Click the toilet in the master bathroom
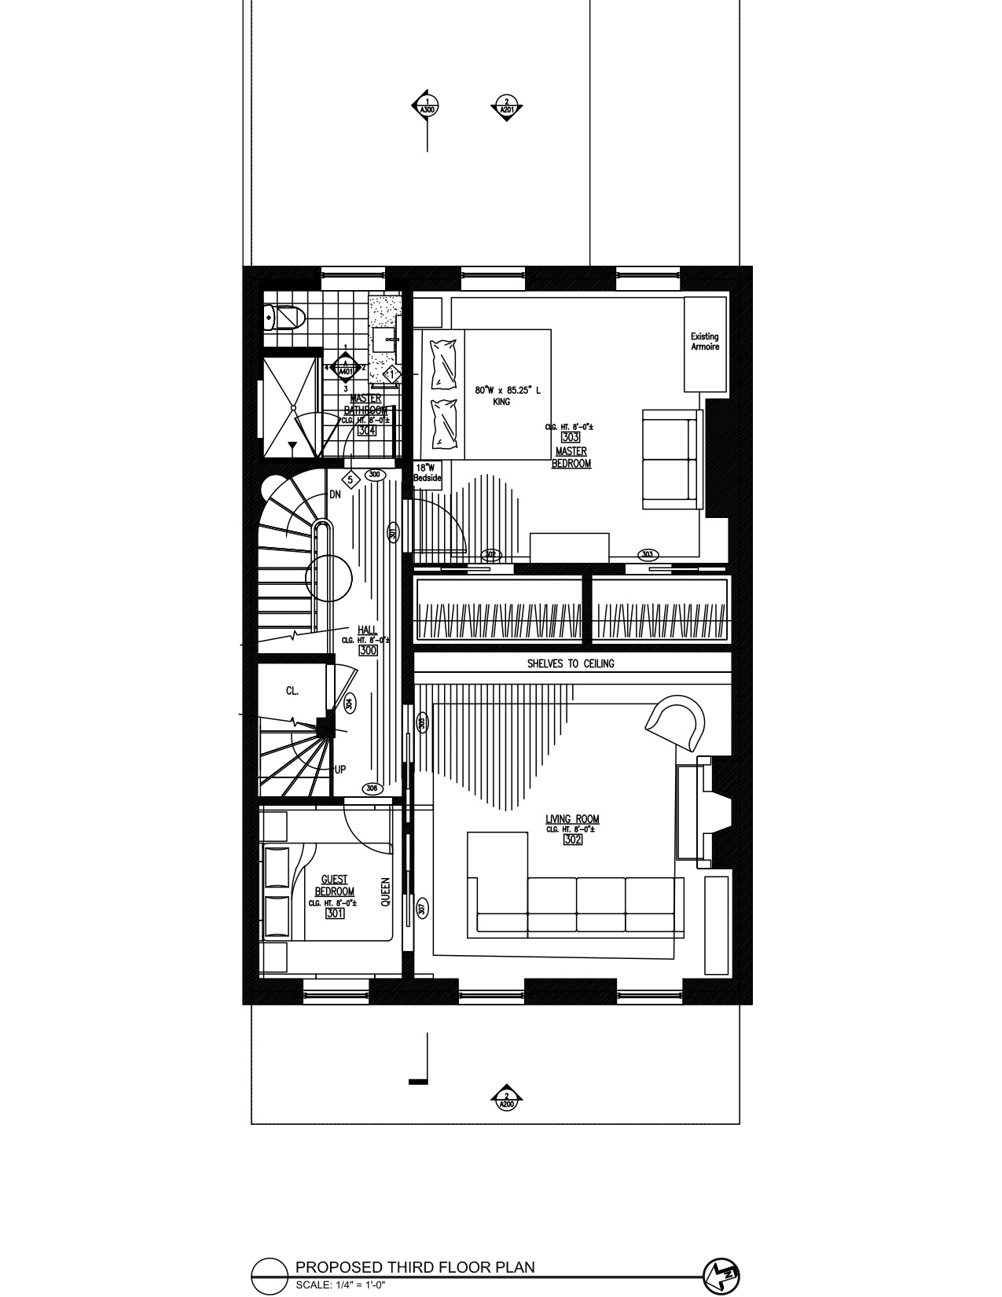click(286, 318)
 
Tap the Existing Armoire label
click(705, 342)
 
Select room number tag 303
click(571, 438)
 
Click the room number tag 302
click(572, 840)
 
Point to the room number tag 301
click(335, 913)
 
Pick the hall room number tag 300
click(368, 651)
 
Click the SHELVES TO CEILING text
click(571, 663)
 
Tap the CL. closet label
click(292, 691)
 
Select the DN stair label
click(336, 494)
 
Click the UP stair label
click(340, 770)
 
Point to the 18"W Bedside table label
click(428, 472)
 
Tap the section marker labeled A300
click(427, 106)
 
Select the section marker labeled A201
click(507, 106)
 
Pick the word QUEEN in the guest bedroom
click(385, 892)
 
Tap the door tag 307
click(422, 909)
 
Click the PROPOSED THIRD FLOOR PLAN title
click(415, 1267)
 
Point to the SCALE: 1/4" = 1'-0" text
click(340, 1286)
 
